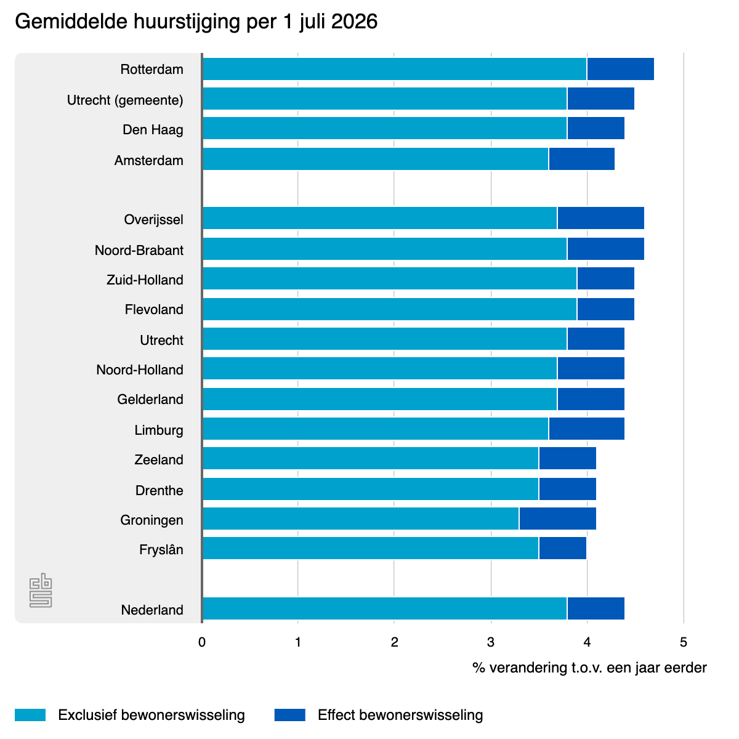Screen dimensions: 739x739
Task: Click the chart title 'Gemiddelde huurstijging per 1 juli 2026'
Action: point(196,22)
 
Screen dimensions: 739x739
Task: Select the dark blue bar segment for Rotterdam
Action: point(620,69)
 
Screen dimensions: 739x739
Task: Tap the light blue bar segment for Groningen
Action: point(361,519)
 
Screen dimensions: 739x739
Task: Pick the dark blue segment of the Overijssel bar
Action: point(600,218)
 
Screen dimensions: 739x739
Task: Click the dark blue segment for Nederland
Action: point(596,608)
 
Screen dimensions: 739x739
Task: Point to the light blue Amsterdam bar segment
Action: point(376,159)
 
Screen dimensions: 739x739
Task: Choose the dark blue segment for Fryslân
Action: point(563,548)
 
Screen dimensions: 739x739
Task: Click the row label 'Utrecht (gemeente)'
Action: point(125,100)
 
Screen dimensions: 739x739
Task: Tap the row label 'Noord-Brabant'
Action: point(139,250)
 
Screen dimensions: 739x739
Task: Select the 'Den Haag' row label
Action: point(153,129)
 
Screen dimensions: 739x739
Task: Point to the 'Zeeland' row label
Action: point(159,459)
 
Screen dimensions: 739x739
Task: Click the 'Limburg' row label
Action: point(159,430)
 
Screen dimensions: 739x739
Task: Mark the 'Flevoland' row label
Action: point(154,310)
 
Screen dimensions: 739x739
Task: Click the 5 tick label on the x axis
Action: point(684,642)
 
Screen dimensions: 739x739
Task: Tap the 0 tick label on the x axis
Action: point(202,642)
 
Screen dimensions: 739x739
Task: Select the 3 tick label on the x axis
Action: point(490,642)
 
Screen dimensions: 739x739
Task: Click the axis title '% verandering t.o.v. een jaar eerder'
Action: point(589,668)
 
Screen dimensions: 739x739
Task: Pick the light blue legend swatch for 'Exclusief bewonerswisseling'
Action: point(30,715)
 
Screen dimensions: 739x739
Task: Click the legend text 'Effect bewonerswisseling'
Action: point(400,715)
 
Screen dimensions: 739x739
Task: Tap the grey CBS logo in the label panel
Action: point(41,590)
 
